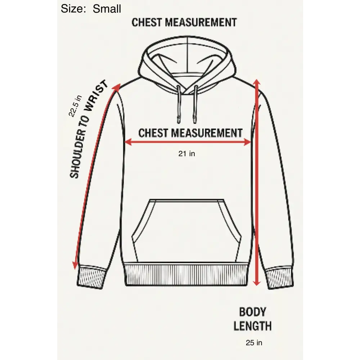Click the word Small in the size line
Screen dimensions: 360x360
107,9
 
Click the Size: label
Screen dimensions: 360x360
73,9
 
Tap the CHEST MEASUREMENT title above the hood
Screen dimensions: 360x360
184,22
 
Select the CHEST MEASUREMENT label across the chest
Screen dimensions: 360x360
190,133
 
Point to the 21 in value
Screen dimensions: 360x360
186,154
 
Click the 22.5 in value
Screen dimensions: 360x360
75,106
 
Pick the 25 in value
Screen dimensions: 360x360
254,343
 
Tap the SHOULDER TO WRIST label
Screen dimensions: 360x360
89,129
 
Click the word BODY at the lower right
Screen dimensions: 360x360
253,312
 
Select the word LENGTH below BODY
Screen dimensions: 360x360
253,326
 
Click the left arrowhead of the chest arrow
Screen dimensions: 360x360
128,142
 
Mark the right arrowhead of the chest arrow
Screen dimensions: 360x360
247,142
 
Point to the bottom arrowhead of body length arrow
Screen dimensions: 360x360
257,282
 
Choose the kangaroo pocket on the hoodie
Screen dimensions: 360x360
186,231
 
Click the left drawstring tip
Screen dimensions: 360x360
179,120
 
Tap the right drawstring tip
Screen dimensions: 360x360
195,120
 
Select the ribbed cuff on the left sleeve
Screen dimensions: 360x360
91,277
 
